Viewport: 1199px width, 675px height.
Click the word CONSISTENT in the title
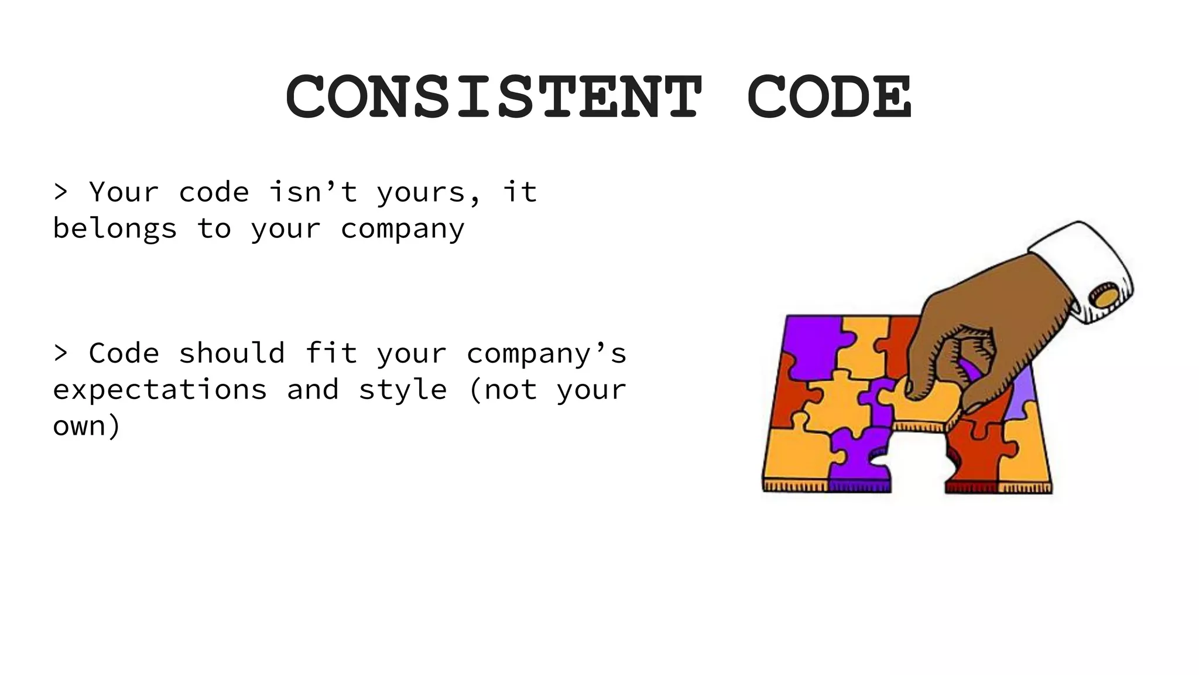[494, 97]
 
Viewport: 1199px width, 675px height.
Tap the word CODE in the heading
[830, 97]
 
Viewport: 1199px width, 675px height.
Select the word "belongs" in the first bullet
[115, 229]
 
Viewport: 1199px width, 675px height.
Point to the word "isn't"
[313, 192]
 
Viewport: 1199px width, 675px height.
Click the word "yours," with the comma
[429, 192]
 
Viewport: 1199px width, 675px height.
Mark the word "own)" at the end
[87, 426]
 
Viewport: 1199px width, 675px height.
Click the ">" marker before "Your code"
[60, 192]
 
